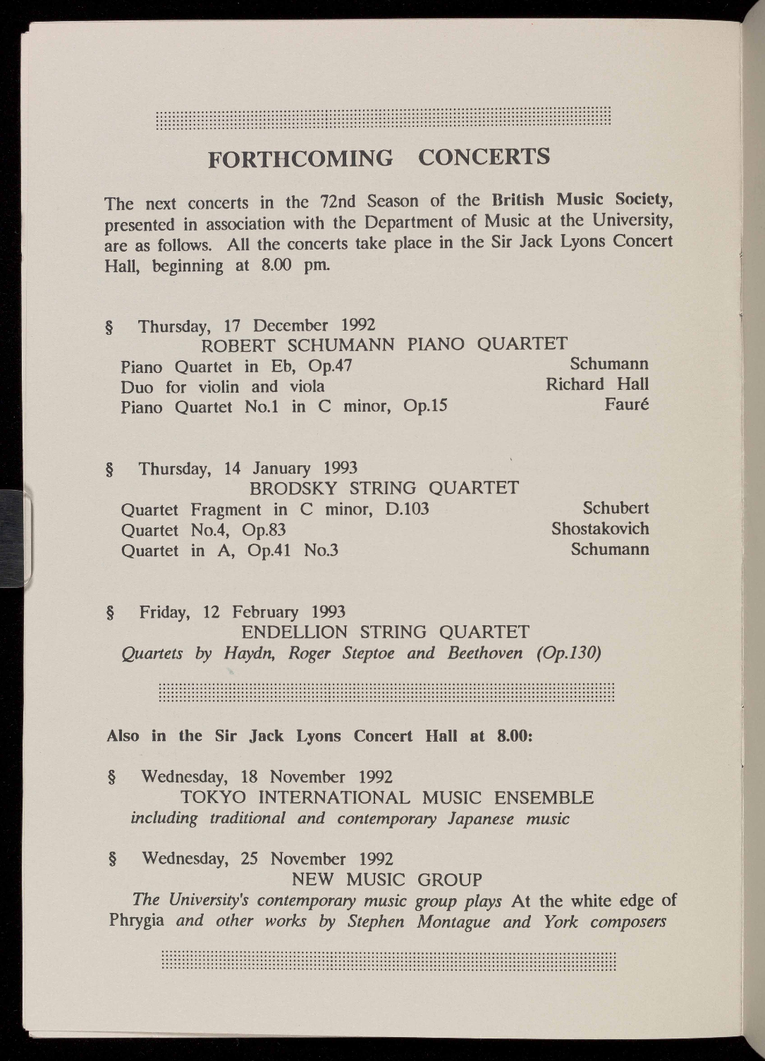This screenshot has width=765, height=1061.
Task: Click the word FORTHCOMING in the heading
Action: (x=300, y=159)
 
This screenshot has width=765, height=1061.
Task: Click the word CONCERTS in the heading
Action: (x=484, y=157)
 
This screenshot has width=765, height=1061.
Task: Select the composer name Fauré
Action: (x=627, y=405)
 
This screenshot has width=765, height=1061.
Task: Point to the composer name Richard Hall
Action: (x=597, y=384)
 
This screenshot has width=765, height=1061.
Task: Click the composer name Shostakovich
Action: (x=600, y=528)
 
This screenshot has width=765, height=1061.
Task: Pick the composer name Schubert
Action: (x=616, y=508)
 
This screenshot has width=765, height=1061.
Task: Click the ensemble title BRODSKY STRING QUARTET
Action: (x=384, y=488)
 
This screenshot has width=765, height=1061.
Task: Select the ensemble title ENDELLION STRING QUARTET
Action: (x=385, y=632)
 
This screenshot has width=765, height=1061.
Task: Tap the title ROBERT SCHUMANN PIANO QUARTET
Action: (x=384, y=345)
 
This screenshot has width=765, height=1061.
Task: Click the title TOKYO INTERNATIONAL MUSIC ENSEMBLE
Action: (x=387, y=798)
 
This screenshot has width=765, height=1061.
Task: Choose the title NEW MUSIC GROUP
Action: (x=387, y=880)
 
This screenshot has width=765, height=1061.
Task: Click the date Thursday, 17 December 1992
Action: (x=257, y=326)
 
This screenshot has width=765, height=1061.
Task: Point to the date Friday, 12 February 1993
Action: (x=242, y=612)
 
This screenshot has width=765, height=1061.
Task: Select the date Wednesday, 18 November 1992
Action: (x=267, y=777)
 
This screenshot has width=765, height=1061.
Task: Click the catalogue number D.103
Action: (x=408, y=509)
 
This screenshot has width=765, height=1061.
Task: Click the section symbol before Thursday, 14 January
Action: (x=109, y=470)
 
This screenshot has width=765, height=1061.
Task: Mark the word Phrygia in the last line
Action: (x=137, y=921)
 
